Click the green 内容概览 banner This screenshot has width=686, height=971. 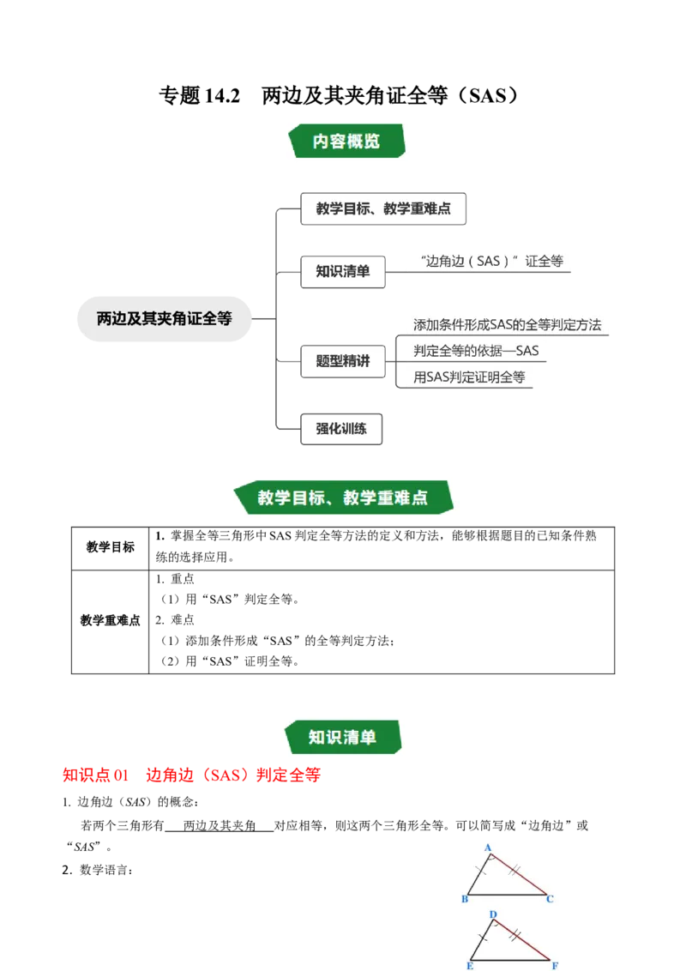coord(346,141)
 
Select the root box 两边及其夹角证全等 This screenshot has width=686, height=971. coord(165,319)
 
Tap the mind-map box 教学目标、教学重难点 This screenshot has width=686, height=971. coord(383,208)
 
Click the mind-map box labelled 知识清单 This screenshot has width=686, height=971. coord(343,271)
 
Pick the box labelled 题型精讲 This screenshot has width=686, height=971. coord(343,361)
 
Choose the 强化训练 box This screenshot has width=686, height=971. coord(341,428)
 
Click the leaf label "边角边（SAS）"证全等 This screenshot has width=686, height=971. coord(491,261)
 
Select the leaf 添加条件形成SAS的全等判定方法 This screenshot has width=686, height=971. coord(507,324)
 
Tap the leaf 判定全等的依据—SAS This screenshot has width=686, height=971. coord(476,350)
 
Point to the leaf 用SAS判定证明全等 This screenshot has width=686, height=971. coord(469,376)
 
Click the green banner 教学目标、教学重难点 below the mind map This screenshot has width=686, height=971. coord(343,498)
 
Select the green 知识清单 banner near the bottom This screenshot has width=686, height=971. coord(343,737)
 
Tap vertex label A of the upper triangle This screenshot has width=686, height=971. coord(488,847)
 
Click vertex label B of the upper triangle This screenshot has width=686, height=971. coord(465,899)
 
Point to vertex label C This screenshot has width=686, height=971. coord(550,899)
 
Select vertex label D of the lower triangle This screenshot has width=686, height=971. coord(493,914)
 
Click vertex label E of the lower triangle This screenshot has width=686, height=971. coord(471,964)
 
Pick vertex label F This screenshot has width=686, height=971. coord(555,964)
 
